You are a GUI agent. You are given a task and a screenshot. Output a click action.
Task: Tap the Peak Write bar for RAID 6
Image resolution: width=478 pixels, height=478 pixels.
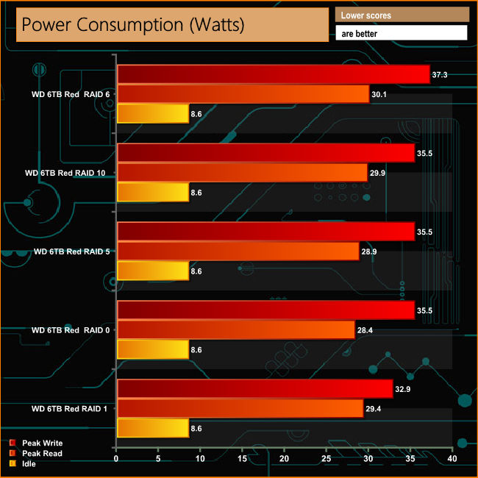(273, 74)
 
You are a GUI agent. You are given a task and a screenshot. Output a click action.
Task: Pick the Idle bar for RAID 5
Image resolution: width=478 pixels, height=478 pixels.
(152, 271)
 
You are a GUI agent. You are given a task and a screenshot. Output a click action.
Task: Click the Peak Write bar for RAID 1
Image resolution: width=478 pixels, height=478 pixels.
(254, 389)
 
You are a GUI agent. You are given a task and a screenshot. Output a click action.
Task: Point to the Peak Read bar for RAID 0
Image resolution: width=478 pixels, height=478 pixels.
(235, 329)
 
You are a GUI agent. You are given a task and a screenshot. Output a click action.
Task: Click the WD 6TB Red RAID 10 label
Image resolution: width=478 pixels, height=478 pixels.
(68, 174)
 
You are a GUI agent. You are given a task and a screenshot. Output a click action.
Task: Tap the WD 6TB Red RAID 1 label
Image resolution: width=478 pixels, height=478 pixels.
(71, 408)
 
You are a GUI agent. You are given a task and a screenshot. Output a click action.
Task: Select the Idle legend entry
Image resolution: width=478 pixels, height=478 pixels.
(30, 464)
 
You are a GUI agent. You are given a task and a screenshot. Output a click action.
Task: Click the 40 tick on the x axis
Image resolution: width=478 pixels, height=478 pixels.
(452, 460)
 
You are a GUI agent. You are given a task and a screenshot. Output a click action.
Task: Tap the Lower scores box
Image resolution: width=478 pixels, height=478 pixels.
(402, 15)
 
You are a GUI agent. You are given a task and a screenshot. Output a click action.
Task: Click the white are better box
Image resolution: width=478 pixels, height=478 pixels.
(402, 33)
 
